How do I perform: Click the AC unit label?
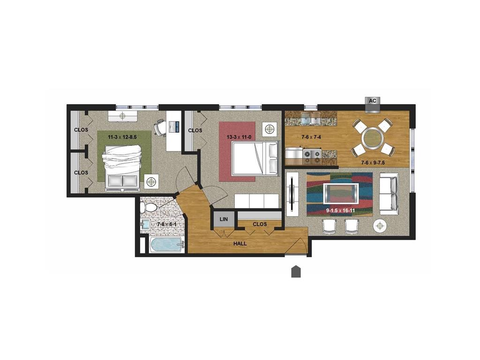[x=372, y=101]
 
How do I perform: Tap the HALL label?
[x=240, y=244]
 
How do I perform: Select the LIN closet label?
[x=224, y=219]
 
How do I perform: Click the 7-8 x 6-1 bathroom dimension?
[x=167, y=225]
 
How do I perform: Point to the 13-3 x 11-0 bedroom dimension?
[x=239, y=137]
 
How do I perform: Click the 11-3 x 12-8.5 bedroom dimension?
[x=122, y=137]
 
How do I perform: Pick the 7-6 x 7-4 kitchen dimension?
[x=311, y=137]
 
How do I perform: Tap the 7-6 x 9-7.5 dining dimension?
[x=372, y=163]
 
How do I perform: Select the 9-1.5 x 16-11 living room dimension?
[x=340, y=210]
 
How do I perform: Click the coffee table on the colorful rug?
[x=341, y=194]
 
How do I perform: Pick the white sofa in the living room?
[x=389, y=194]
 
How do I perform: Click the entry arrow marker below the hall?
[x=296, y=271]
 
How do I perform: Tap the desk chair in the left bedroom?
[x=159, y=127]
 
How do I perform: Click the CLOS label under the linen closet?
[x=260, y=224]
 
